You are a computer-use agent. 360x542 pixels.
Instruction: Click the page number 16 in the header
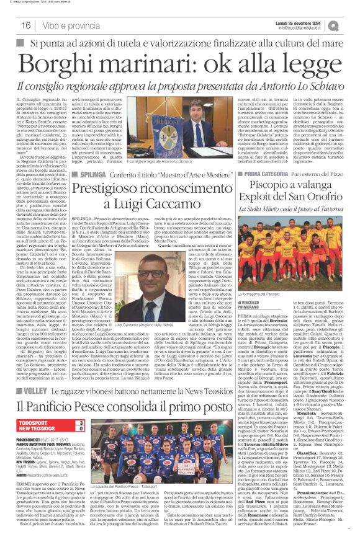(x=25, y=25)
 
